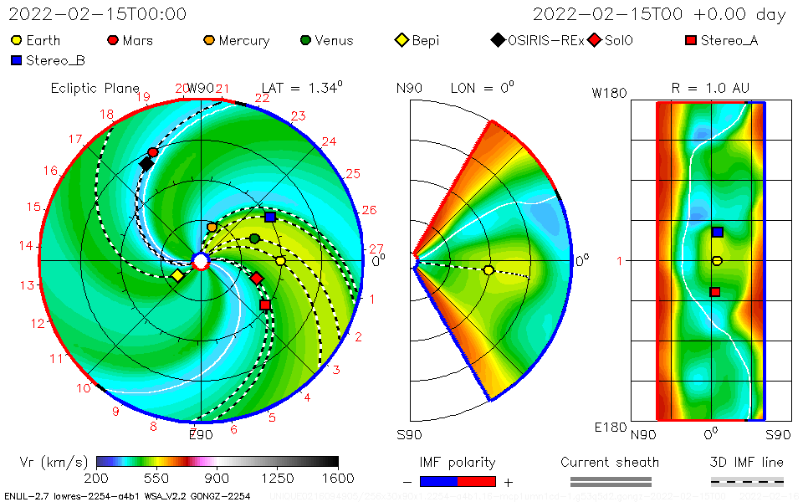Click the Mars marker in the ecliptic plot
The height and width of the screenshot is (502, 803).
(152, 152)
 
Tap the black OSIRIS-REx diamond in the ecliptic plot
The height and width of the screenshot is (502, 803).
(146, 164)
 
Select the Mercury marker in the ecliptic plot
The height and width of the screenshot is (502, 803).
(212, 227)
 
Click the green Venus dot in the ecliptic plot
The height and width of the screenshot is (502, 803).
(254, 238)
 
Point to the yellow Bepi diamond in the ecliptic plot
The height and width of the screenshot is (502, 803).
(177, 275)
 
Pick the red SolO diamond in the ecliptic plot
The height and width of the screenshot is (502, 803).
(257, 278)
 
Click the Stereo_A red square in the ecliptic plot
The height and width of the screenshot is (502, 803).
(265, 305)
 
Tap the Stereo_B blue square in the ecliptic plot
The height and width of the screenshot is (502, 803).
(269, 217)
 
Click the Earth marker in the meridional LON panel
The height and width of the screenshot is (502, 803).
(488, 269)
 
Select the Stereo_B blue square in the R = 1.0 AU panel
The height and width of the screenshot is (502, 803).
(717, 232)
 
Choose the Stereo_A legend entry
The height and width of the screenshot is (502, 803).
(721, 40)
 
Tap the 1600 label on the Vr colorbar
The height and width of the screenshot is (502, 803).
(338, 479)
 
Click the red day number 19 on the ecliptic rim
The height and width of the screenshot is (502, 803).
(143, 97)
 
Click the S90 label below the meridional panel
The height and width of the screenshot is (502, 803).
(410, 435)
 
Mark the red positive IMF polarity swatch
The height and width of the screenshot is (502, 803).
(477, 481)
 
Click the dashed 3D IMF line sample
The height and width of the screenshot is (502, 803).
(747, 481)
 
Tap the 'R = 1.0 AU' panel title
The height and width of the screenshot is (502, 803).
(710, 88)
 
